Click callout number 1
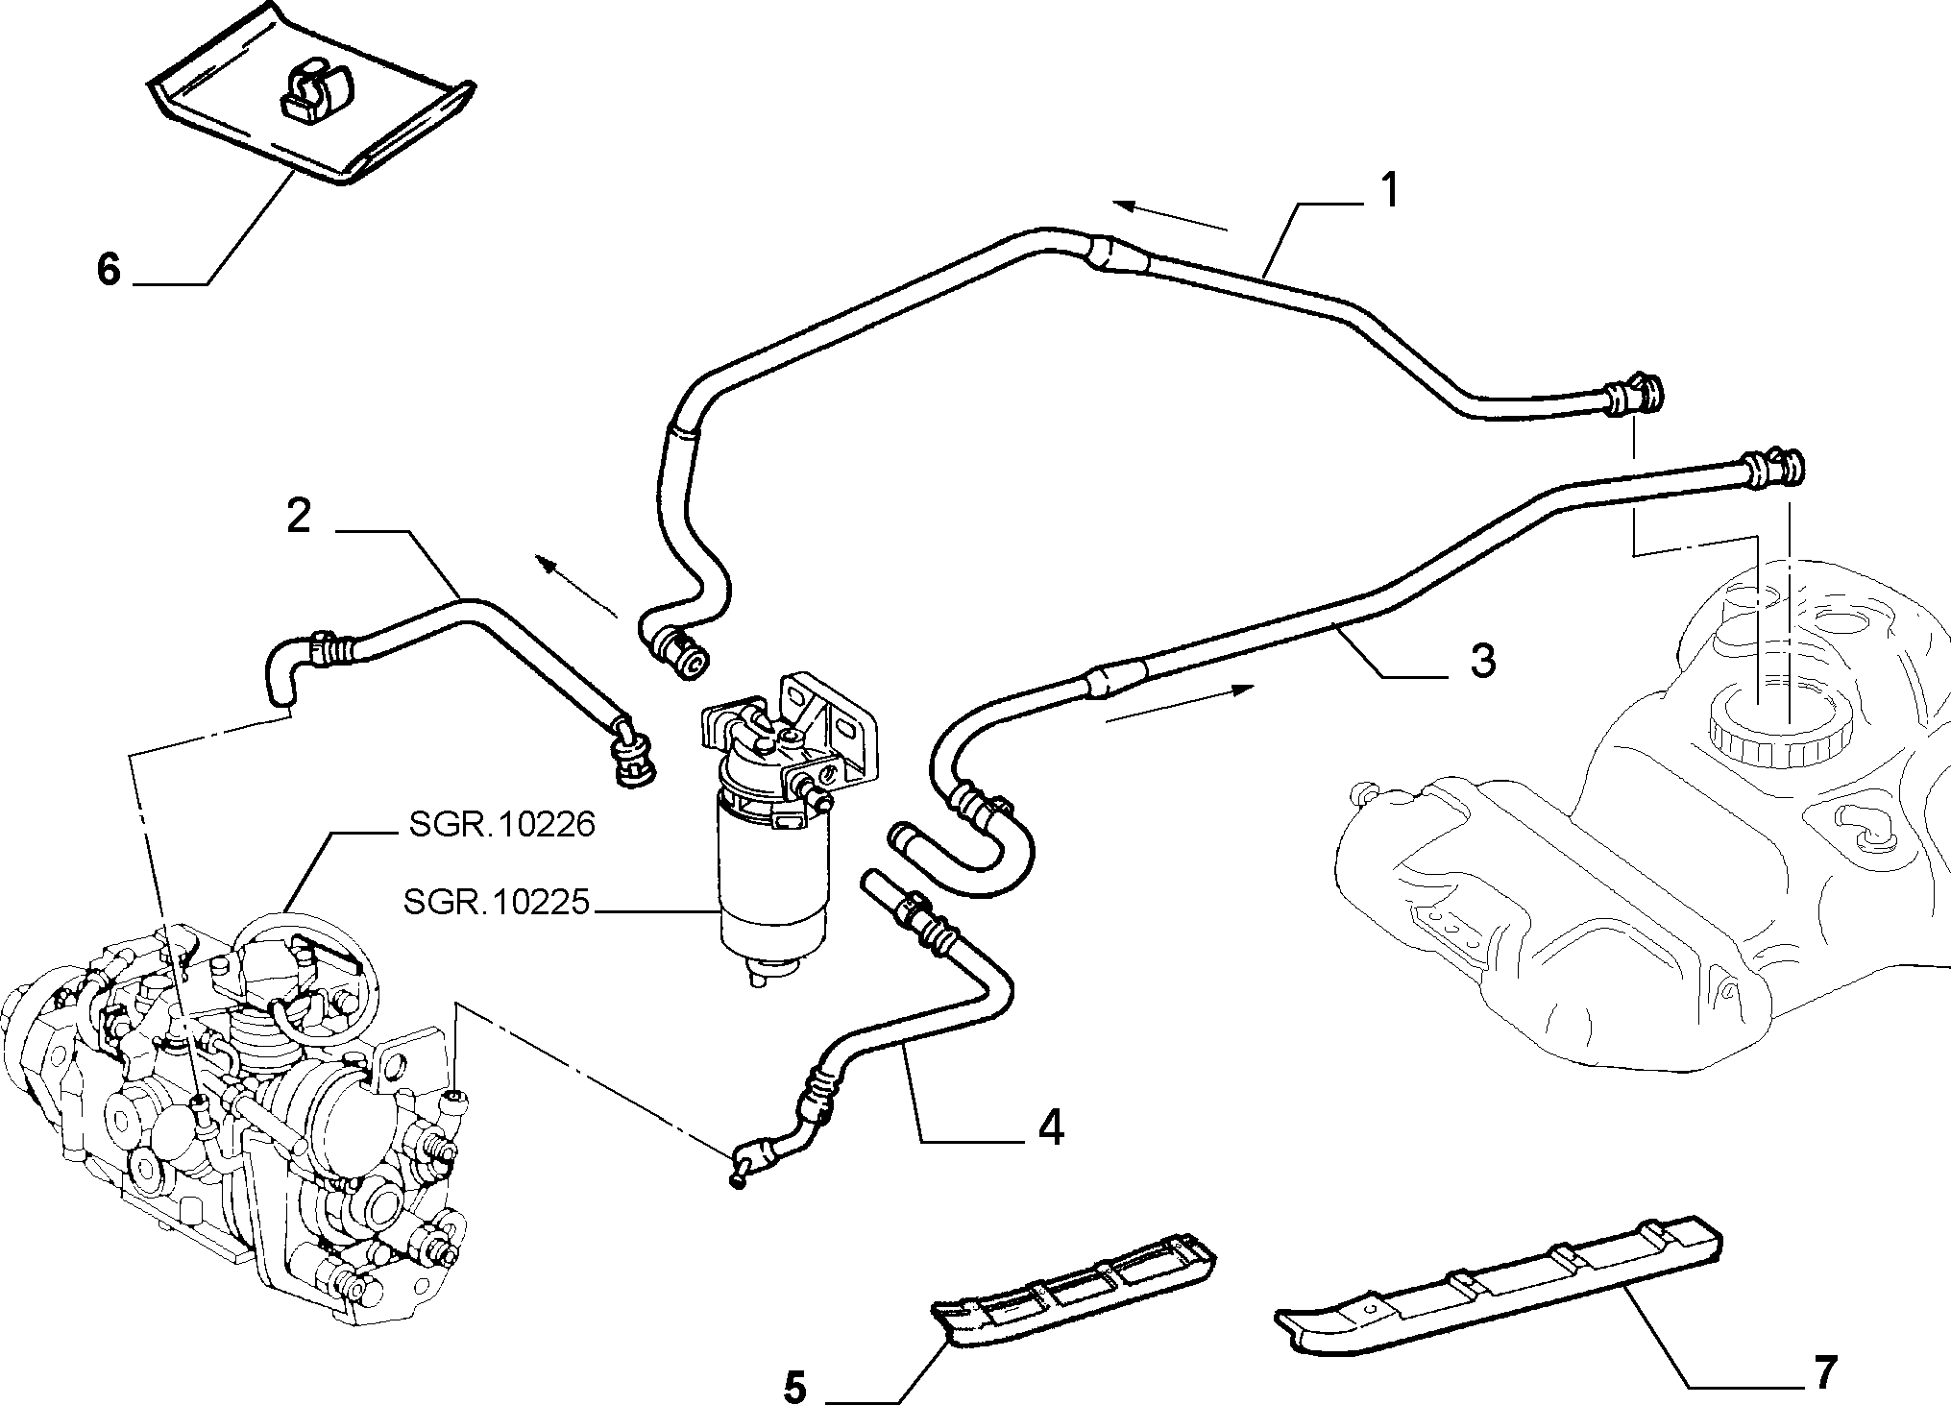click(1387, 191)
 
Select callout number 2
click(299, 518)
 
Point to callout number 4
click(1050, 1126)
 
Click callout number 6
click(109, 270)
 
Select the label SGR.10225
click(495, 903)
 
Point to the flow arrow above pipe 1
click(1170, 216)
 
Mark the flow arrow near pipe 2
click(576, 585)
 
